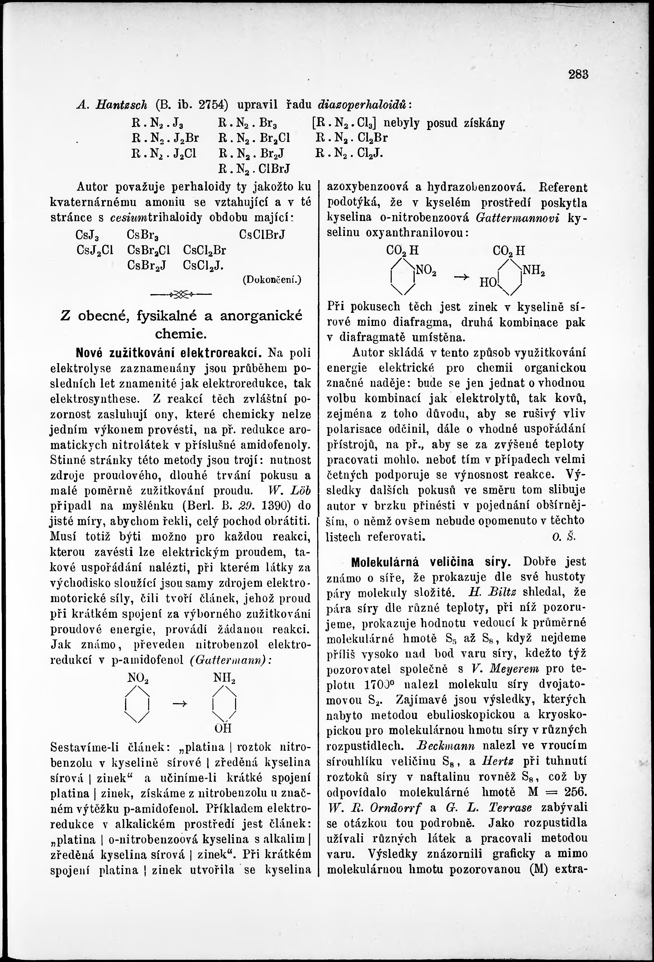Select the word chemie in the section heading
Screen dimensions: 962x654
coord(181,333)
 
